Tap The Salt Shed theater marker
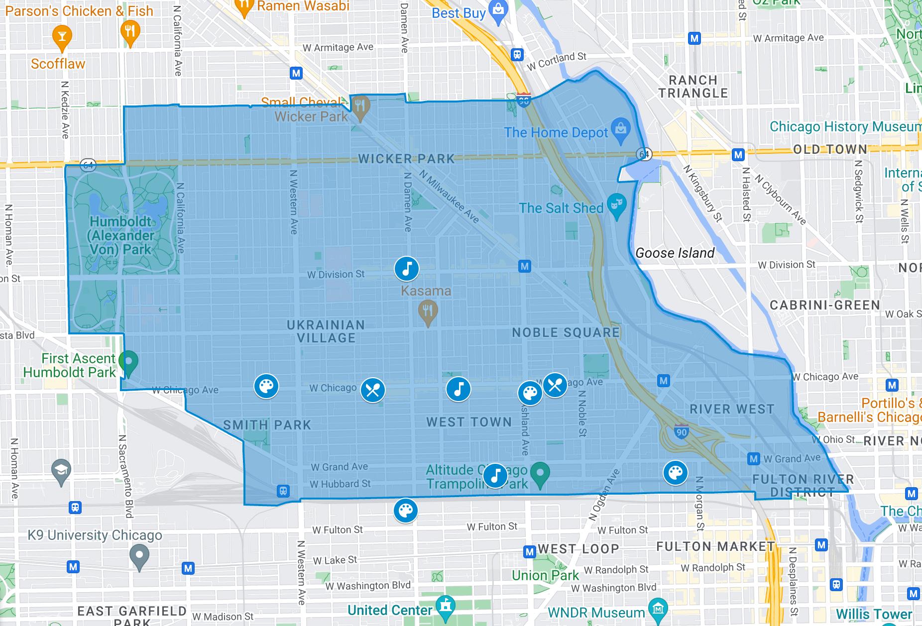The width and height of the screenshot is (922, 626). click(x=617, y=207)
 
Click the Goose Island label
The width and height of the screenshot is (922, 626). click(x=675, y=253)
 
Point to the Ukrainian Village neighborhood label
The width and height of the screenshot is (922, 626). click(x=326, y=331)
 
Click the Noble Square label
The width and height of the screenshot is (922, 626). click(x=566, y=332)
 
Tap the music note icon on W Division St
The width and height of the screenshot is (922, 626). click(x=407, y=269)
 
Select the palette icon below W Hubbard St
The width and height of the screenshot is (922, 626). click(x=406, y=511)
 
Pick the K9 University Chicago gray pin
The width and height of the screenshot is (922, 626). click(x=139, y=556)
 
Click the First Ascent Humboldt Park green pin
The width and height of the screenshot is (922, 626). click(x=129, y=363)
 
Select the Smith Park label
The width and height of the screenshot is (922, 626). click(x=267, y=425)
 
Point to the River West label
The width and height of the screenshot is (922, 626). click(x=732, y=409)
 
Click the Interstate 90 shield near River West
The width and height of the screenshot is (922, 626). click(x=681, y=432)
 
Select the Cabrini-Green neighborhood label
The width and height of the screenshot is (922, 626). click(x=824, y=305)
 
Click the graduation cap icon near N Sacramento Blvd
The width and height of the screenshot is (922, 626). click(x=61, y=471)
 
